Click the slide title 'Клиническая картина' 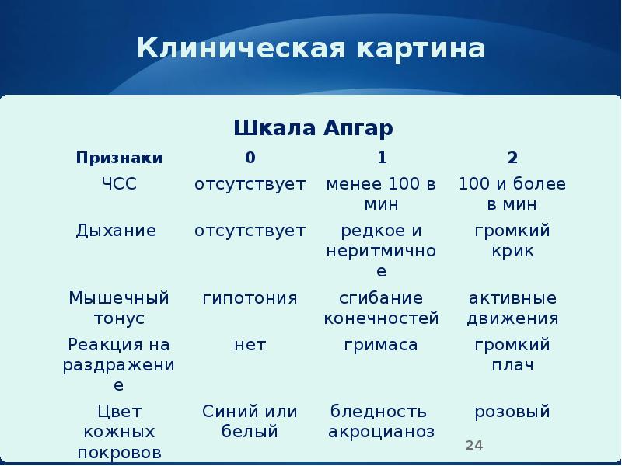point(311,49)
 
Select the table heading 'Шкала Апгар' point(313,127)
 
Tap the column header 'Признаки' point(119,158)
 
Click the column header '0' point(250,158)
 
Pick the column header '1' point(382,158)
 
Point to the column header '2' point(512,158)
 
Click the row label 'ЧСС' point(119,184)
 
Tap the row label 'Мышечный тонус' point(119,308)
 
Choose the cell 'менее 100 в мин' point(381,194)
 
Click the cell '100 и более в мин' point(512,194)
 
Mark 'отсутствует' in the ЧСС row point(250,184)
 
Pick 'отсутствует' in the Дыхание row point(250,231)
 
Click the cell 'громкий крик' point(512,241)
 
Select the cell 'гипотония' point(250,298)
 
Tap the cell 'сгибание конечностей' point(381,308)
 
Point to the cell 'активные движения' point(512,308)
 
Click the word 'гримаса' point(381,345)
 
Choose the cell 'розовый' point(512,412)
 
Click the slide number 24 point(474,445)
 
